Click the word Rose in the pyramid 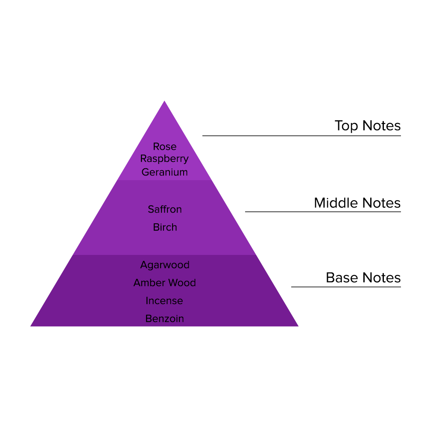coord(164,147)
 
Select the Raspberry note coord(164,159)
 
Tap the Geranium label coord(164,172)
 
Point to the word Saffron coord(164,209)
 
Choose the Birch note coord(164,228)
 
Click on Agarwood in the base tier coord(164,265)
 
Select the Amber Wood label coord(164,283)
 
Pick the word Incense coord(164,301)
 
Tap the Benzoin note coord(164,319)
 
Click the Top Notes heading coord(367,126)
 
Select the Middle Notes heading coord(357,203)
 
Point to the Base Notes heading coord(363,278)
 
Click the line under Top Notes coord(301,136)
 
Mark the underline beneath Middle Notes coord(323,212)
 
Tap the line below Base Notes coord(346,287)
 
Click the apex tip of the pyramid coord(164,102)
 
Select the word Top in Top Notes coord(346,126)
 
